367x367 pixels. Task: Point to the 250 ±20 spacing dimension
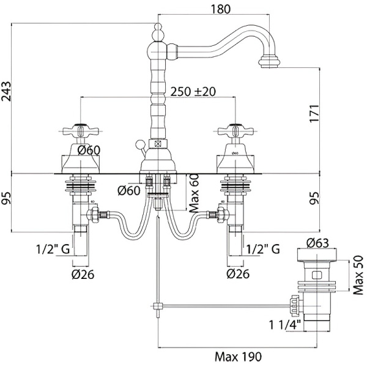tap(194, 91)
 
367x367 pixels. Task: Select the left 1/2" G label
tap(48, 248)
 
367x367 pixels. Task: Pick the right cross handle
tap(233, 131)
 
